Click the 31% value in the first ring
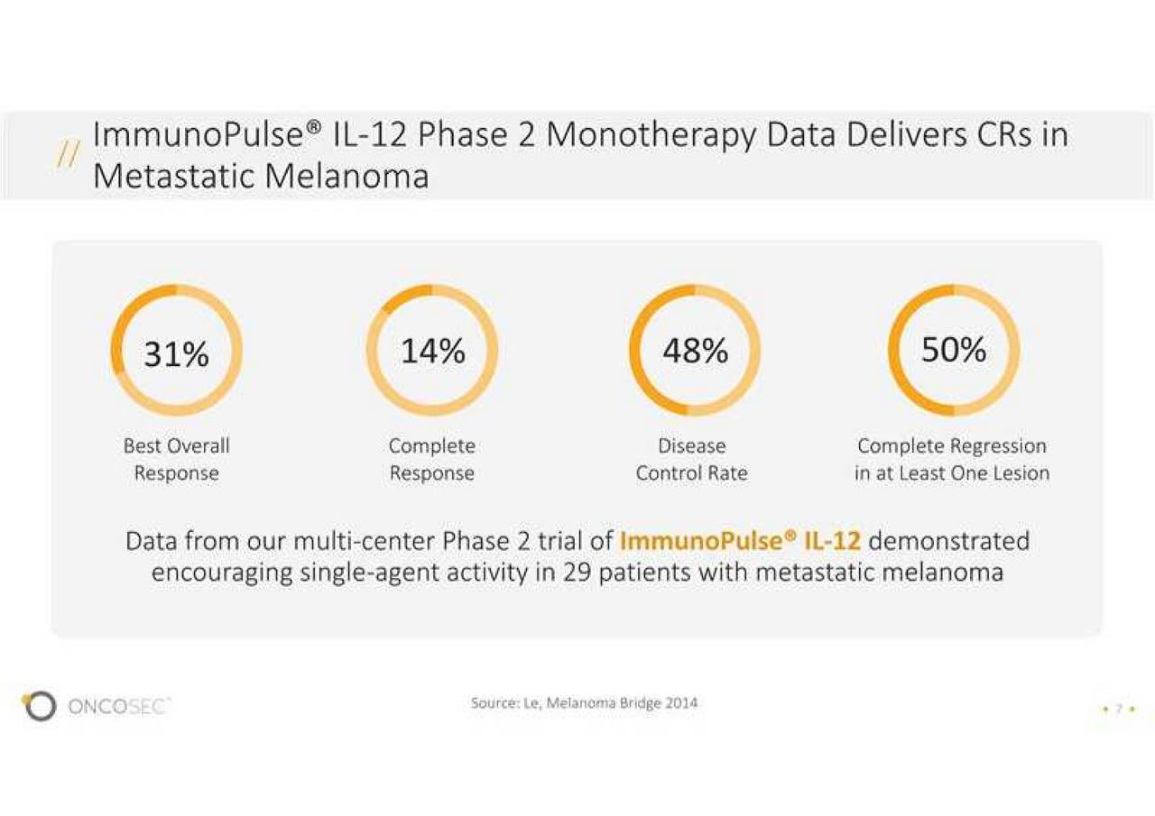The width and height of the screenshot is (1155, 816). click(x=176, y=354)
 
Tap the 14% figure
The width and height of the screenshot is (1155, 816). click(x=432, y=351)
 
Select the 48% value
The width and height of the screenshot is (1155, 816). click(x=695, y=351)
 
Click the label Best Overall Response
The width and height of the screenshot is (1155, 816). click(x=176, y=459)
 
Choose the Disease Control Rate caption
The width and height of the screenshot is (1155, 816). click(x=691, y=459)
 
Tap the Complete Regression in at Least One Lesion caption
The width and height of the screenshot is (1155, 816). click(x=952, y=459)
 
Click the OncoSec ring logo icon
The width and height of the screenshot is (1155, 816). click(x=39, y=705)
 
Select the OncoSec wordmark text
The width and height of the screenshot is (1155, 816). click(x=118, y=706)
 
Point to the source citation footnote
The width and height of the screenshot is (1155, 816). click(x=584, y=703)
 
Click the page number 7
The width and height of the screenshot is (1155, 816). click(x=1119, y=709)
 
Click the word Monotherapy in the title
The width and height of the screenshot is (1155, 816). click(x=651, y=136)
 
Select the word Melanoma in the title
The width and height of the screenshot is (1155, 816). click(x=347, y=176)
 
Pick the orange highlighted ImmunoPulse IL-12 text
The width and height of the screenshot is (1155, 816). click(x=741, y=541)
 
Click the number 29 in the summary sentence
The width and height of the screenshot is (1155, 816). click(x=577, y=573)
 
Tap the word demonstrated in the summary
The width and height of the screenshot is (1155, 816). click(x=949, y=541)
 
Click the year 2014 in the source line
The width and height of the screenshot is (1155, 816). click(x=681, y=703)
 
